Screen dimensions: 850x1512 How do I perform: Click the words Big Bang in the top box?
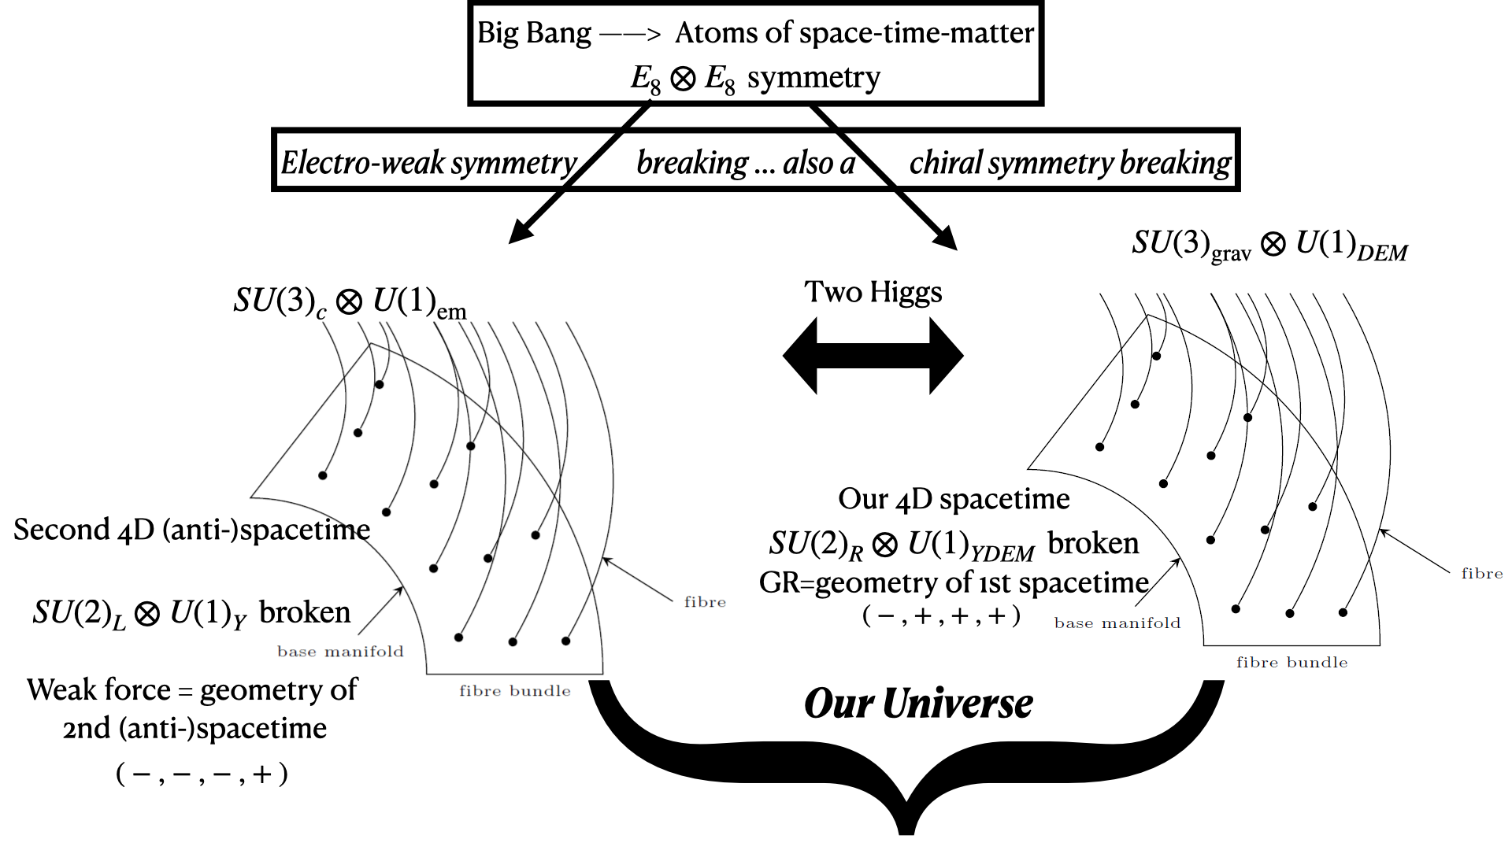coord(534,33)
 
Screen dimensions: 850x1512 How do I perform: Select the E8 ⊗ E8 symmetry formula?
coord(754,79)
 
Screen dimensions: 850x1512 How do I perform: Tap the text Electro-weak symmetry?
coord(429,163)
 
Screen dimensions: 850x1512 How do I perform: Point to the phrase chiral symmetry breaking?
coord(1069,163)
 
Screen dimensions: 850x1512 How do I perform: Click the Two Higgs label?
coord(873,292)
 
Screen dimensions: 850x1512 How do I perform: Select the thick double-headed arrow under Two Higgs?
coord(873,356)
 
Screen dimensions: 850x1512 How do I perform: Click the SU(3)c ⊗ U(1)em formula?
coord(350,302)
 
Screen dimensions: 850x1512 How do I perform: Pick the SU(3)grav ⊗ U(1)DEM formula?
coord(1269,245)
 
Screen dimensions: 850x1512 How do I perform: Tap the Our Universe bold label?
coord(918,704)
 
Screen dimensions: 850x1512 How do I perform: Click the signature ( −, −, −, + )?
coord(202,774)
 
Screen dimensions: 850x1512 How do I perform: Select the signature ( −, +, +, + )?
coord(941,616)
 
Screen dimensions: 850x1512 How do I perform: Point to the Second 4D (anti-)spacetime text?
coord(191,530)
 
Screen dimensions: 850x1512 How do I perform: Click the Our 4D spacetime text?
coord(954,499)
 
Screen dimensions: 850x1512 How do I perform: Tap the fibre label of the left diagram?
coord(705,602)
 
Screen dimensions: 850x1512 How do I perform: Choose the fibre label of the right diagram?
coord(1481,574)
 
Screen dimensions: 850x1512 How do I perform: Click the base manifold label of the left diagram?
coord(340,652)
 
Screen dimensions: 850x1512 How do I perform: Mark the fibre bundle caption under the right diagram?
coord(1291,663)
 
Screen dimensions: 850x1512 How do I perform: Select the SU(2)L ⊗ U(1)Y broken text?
coord(191,613)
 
